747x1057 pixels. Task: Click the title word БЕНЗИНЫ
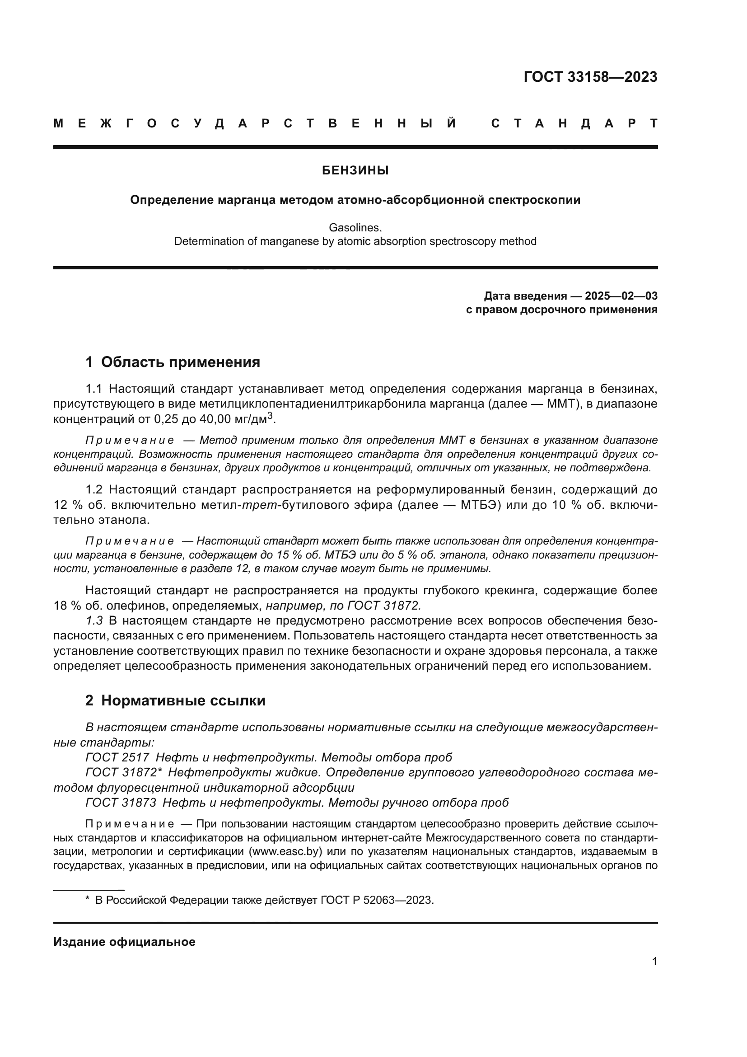(x=355, y=171)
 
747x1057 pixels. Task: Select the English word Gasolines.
(x=355, y=227)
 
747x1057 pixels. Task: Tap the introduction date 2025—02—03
(x=621, y=296)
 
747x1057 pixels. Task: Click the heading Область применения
(x=180, y=362)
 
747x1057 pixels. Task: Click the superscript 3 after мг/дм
(x=271, y=416)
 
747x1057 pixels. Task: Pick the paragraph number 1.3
(x=94, y=620)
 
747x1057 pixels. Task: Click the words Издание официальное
(x=124, y=942)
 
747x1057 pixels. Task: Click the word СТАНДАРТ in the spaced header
(x=574, y=123)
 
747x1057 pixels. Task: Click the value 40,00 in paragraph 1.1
(x=217, y=419)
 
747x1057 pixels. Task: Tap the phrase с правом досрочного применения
(x=561, y=310)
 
